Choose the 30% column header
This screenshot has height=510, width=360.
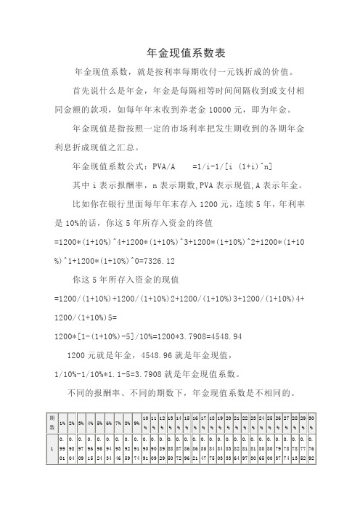[311, 423]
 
